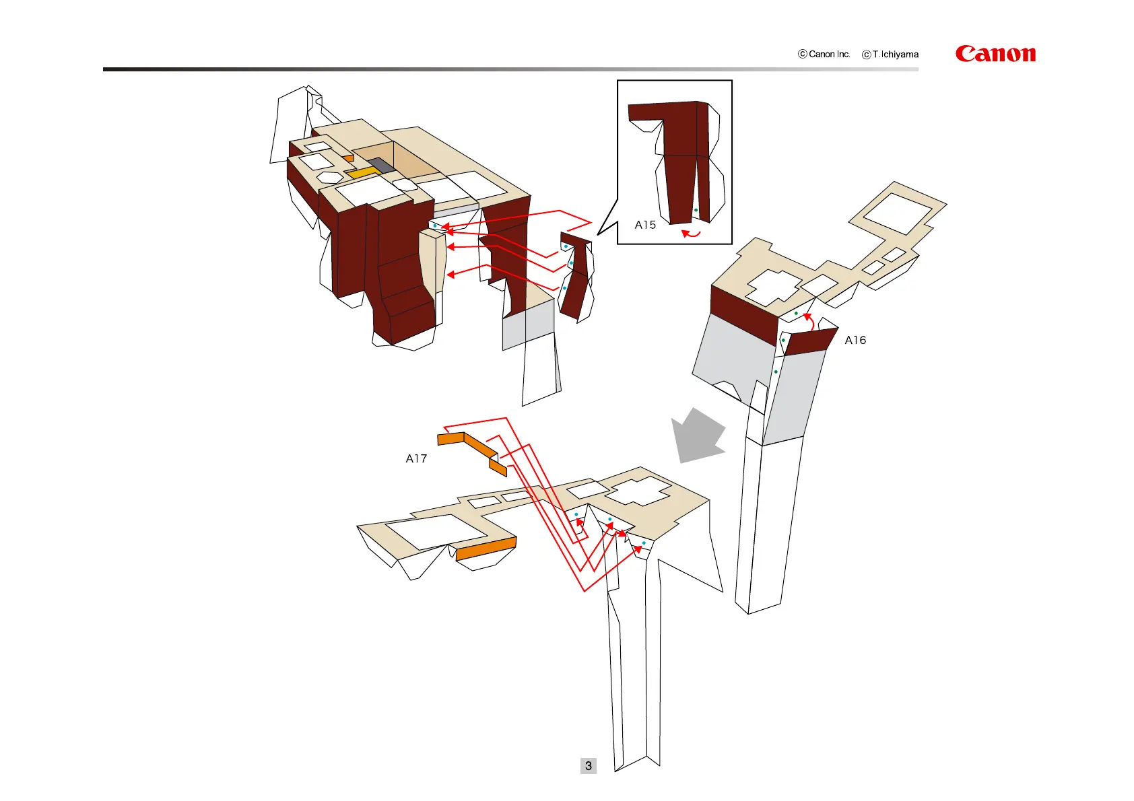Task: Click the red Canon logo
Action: point(995,54)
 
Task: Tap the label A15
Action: point(645,225)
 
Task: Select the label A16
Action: point(855,341)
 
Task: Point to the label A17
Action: point(416,459)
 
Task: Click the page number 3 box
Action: point(589,766)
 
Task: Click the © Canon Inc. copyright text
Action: point(824,54)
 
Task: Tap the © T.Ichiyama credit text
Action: point(890,55)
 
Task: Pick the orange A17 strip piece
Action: point(471,446)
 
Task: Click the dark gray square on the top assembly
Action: point(381,166)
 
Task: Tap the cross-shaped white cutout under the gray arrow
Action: point(637,491)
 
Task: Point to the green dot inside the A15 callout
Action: point(696,210)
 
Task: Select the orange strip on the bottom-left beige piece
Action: point(486,549)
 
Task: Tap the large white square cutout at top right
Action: point(898,213)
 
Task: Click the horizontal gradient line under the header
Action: point(510,69)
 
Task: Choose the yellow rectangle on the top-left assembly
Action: point(364,173)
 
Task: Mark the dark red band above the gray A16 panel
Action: point(743,314)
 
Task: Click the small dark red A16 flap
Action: point(811,342)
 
